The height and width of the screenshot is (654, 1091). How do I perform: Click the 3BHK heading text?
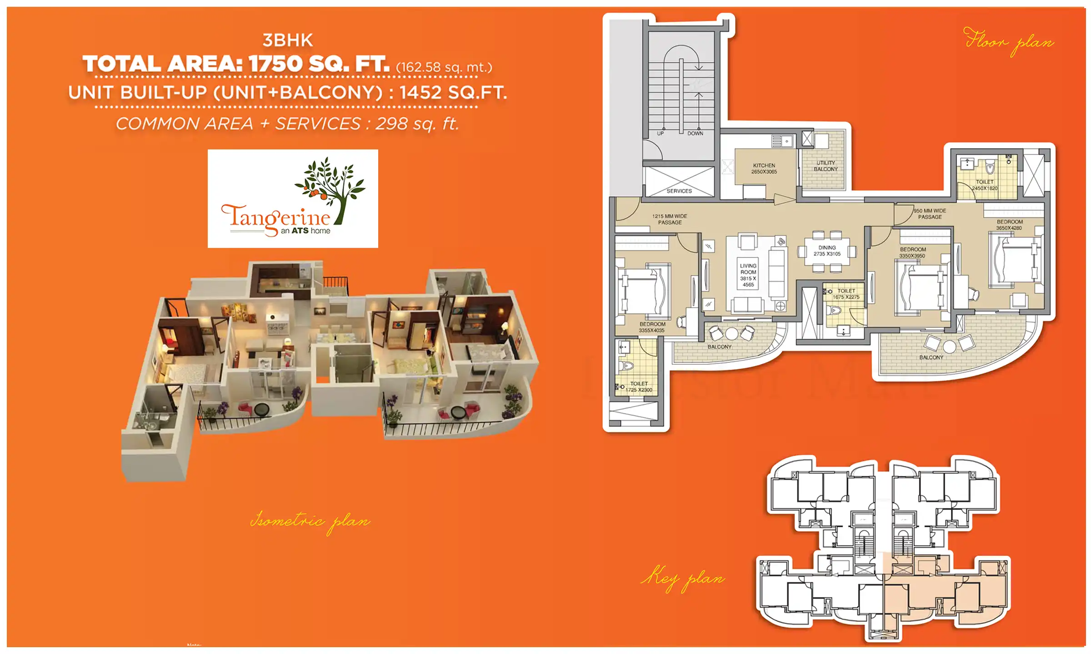point(288,40)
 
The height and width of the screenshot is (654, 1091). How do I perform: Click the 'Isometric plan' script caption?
point(310,521)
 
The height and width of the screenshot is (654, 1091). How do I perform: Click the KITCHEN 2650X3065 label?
point(764,168)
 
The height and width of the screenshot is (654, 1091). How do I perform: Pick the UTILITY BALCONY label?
point(826,166)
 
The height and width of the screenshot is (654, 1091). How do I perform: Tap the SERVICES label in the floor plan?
point(679,191)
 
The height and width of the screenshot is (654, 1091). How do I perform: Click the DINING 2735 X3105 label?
point(827,251)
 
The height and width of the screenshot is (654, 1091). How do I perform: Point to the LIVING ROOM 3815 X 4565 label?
point(748,275)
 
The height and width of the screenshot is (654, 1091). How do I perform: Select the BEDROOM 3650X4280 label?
point(1009,225)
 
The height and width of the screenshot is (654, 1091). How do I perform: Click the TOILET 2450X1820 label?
point(985,185)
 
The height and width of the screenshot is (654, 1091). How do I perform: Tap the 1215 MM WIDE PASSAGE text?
point(670,219)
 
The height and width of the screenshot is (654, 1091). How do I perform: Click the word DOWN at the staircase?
point(695,134)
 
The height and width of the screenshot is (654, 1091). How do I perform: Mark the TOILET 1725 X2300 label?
point(639,386)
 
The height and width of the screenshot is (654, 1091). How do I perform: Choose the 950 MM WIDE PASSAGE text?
point(930,214)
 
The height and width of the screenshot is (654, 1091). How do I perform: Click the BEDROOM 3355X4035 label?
point(652,327)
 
